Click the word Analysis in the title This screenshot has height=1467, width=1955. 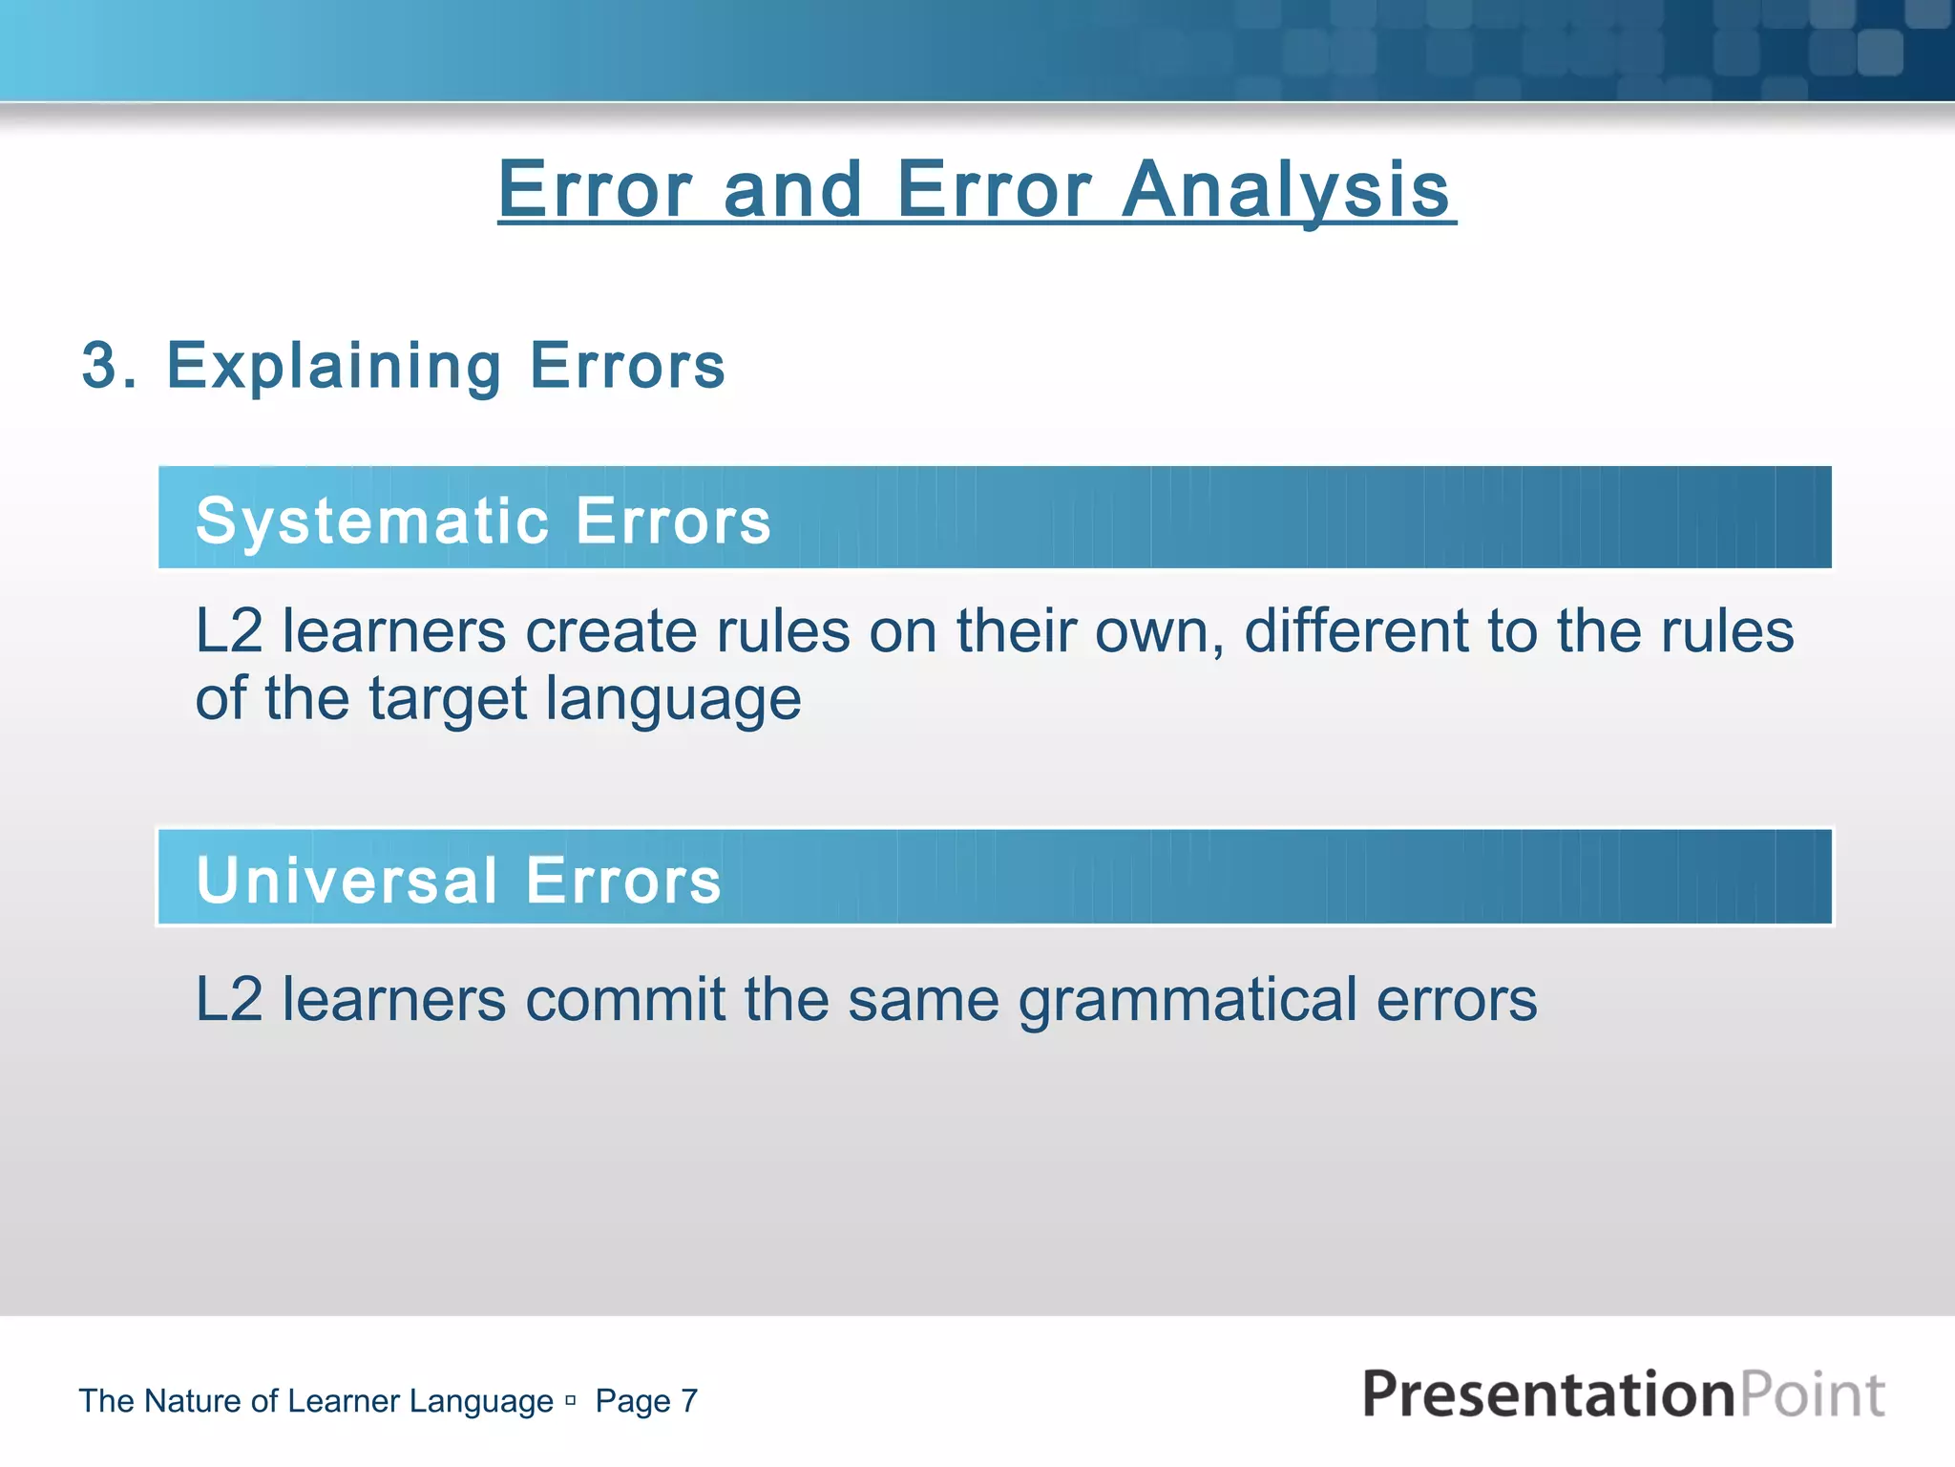[x=1285, y=191]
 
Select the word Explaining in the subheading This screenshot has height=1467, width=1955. [x=333, y=367]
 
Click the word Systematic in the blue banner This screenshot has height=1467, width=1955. [x=372, y=521]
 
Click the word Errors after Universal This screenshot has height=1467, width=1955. [x=623, y=880]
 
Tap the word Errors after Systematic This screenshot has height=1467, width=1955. [x=673, y=521]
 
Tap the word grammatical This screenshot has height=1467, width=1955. [x=1188, y=1002]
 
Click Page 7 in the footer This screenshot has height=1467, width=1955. [x=646, y=1401]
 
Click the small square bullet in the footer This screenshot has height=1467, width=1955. [x=570, y=1401]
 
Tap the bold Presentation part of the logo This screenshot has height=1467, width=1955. [x=1546, y=1393]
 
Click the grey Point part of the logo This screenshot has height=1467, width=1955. [x=1811, y=1393]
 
